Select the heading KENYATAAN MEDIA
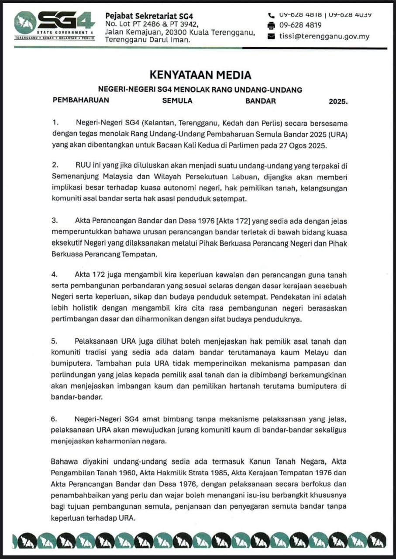coord(200,75)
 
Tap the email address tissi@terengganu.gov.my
coord(324,36)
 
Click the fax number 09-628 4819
coord(300,25)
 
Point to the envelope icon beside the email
coord(271,36)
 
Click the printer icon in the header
coord(271,25)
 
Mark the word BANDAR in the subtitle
coord(260,101)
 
